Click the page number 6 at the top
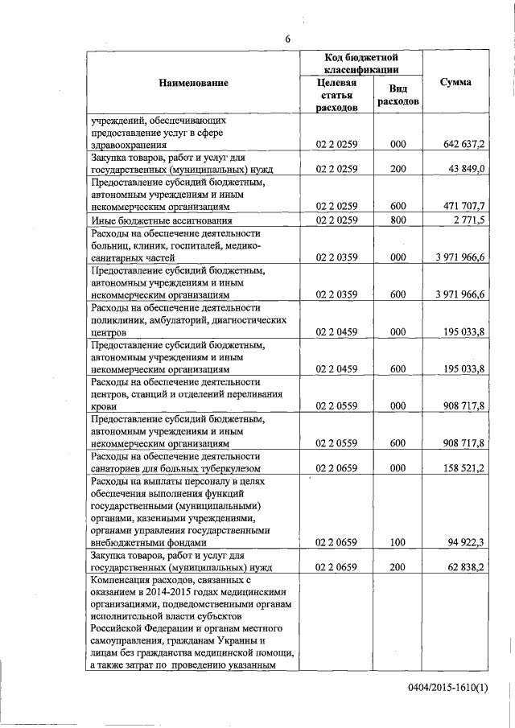[x=287, y=39]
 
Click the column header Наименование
[x=193, y=83]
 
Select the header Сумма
[x=456, y=83]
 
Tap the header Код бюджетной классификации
[x=361, y=64]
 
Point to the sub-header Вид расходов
[x=398, y=96]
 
